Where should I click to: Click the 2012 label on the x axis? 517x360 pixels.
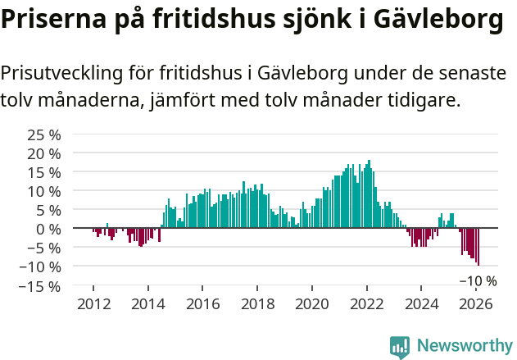pos(93,304)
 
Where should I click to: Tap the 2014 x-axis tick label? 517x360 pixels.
pos(148,304)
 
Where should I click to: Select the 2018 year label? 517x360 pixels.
pos(257,304)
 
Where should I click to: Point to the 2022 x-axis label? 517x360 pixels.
pos(366,304)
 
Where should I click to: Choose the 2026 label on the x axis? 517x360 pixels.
pos(475,304)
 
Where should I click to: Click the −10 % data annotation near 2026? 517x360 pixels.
pos(477,280)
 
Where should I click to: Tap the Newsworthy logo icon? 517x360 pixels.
pos(400,347)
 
